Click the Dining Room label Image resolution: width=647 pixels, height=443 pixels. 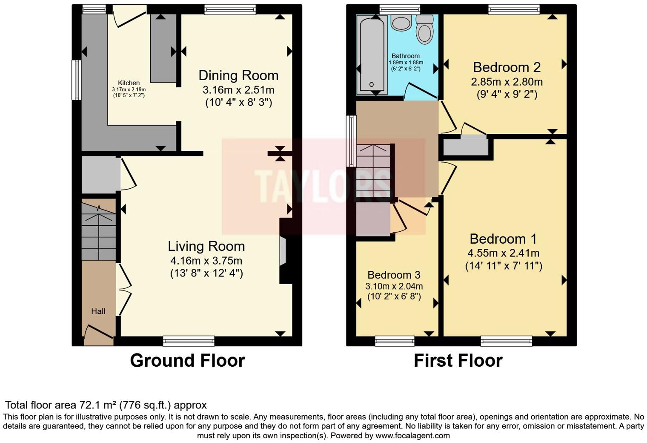click(238, 75)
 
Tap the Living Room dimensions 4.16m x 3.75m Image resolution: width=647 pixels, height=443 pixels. click(206, 260)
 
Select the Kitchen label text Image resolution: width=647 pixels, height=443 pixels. click(129, 83)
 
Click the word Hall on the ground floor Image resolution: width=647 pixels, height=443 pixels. click(98, 311)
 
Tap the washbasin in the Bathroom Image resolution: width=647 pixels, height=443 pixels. click(401, 23)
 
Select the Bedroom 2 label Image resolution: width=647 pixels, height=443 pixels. click(507, 67)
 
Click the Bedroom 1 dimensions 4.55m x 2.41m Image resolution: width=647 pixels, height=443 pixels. click(504, 253)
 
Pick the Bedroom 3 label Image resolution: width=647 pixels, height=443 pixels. click(394, 275)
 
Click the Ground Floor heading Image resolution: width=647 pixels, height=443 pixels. click(187, 360)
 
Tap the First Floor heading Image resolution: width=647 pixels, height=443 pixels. click(458, 360)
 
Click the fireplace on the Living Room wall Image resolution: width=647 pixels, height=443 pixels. click(283, 251)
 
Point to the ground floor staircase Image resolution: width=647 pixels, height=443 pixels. click(99, 230)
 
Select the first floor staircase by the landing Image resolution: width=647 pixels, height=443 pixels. click(373, 170)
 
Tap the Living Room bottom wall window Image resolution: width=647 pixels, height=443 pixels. click(189, 340)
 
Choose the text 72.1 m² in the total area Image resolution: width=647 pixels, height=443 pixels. click(98, 405)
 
